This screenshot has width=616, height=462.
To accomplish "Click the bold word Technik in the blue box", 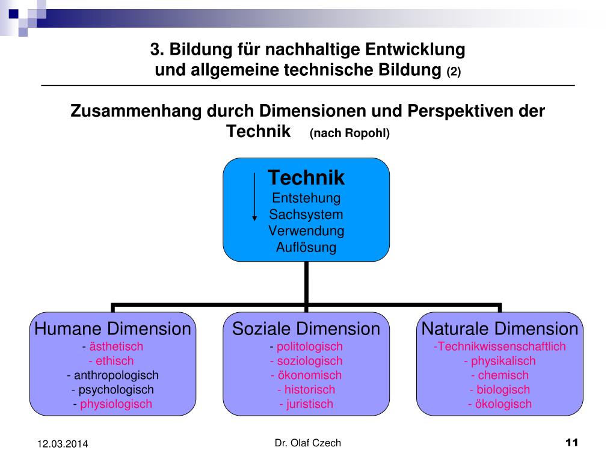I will click(306, 178).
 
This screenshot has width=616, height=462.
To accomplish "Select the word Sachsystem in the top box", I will click(306, 214).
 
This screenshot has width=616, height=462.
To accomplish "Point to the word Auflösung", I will click(306, 247).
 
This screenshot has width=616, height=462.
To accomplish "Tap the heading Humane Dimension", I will click(112, 329).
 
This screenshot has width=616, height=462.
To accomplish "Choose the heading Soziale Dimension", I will click(306, 329).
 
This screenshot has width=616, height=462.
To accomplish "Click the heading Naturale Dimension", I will click(500, 329).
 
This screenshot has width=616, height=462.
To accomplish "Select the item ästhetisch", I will click(116, 346).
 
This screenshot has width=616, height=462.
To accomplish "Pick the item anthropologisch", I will click(112, 375).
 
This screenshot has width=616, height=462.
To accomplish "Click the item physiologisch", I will click(116, 404).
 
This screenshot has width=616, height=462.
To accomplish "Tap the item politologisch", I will click(310, 346).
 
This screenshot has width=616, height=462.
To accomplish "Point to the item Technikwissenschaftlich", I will click(500, 346).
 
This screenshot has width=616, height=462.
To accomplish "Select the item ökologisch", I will click(504, 404).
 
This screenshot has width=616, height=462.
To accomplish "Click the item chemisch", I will click(504, 375).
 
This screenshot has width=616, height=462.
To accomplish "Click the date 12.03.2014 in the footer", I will click(63, 444).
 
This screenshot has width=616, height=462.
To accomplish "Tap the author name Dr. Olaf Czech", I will click(307, 443).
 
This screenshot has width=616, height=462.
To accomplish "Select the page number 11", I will click(571, 443).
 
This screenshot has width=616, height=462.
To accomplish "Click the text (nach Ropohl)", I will click(350, 134).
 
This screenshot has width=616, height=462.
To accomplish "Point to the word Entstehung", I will click(306, 198).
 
